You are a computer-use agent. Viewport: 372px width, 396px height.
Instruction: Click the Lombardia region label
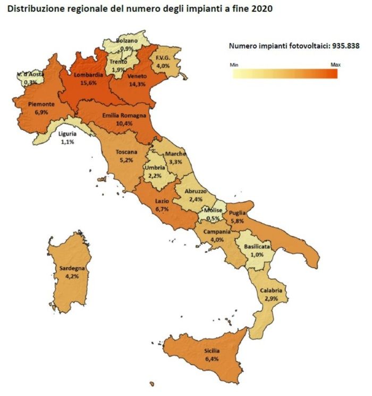click(89, 75)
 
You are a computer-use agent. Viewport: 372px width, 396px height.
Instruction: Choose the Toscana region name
click(126, 152)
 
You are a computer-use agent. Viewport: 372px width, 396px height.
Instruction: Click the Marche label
click(175, 154)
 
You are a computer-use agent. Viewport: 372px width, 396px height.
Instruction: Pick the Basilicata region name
click(257, 247)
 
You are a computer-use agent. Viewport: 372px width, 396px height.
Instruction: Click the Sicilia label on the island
click(212, 352)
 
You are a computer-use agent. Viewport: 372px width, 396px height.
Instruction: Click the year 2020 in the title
click(261, 9)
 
